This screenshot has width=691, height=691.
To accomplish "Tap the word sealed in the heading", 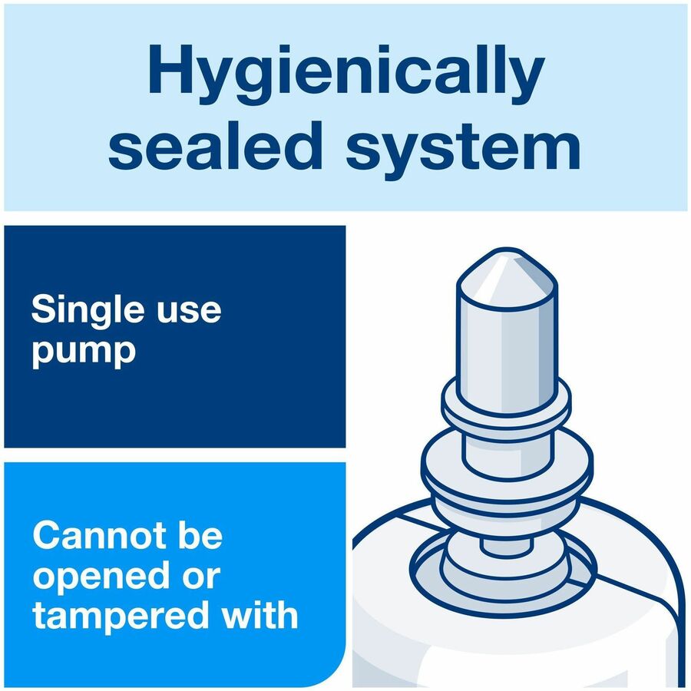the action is click(214, 145).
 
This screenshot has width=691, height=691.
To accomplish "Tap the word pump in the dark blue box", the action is click(83, 353).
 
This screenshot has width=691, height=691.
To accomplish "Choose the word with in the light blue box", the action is click(260, 614).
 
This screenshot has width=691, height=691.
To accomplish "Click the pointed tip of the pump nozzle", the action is click(508, 251).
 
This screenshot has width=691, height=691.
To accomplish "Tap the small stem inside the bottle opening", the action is click(507, 546).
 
